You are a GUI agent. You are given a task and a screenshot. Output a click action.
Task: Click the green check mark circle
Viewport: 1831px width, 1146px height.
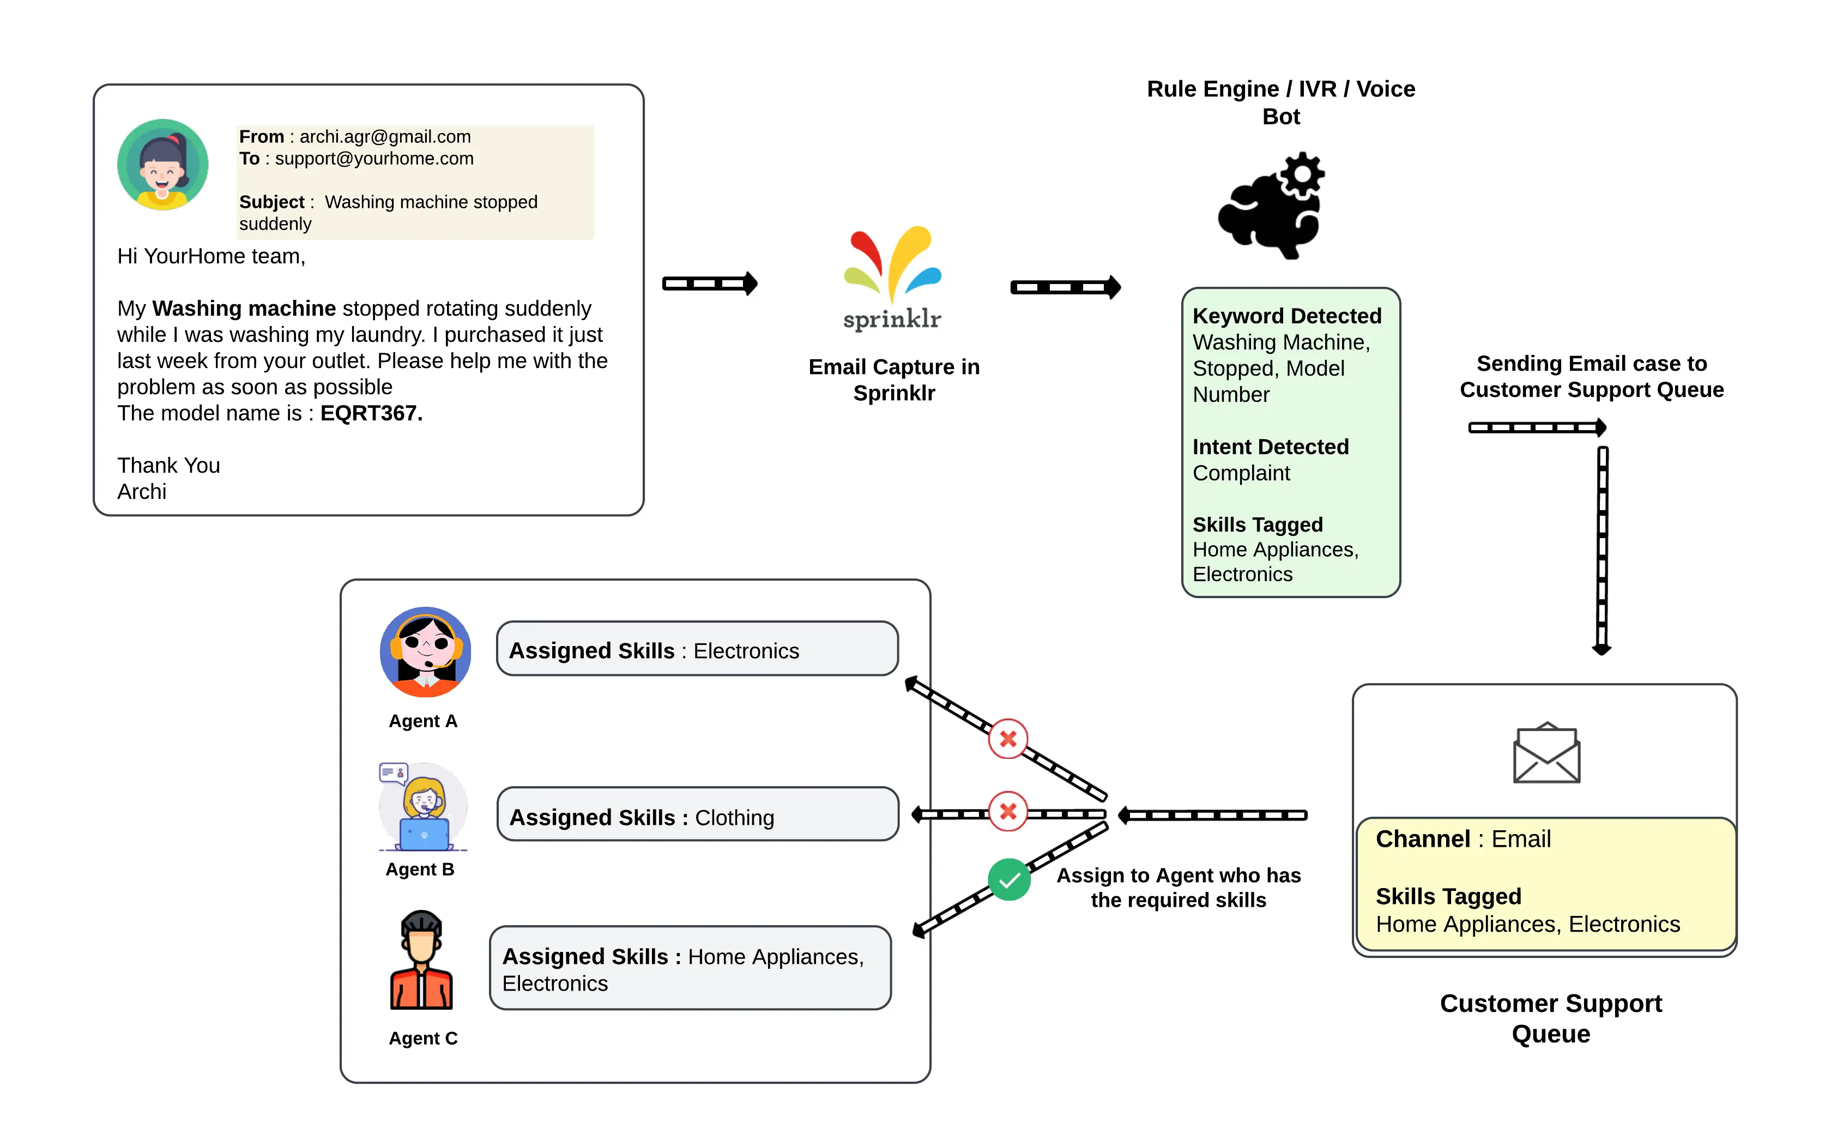click(1009, 880)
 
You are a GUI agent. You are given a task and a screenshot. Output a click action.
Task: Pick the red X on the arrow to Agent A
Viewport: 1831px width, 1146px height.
click(1007, 739)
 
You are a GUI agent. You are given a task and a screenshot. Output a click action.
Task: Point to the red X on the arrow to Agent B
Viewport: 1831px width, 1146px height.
click(1007, 812)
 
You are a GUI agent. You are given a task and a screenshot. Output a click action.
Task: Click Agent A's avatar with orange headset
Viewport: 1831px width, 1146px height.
click(425, 652)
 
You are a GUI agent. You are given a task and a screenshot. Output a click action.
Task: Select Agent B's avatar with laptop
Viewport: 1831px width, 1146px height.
click(423, 808)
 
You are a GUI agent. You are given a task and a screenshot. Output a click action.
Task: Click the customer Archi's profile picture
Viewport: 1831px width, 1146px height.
click(162, 165)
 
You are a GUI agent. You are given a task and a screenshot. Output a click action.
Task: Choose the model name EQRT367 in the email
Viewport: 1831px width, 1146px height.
click(371, 413)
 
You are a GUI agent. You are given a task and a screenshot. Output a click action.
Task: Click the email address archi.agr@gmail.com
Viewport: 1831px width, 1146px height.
click(385, 136)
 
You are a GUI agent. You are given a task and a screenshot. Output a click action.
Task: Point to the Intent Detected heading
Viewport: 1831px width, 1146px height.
click(1270, 447)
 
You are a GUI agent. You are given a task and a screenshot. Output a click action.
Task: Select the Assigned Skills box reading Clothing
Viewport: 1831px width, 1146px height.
click(697, 814)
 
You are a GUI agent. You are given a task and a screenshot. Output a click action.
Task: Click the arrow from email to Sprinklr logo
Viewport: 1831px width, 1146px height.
click(709, 284)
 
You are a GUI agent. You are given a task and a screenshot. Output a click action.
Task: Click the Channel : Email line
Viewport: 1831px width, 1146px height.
click(1463, 839)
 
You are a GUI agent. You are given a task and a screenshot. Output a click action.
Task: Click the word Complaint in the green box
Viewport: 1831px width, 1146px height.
click(1241, 473)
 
